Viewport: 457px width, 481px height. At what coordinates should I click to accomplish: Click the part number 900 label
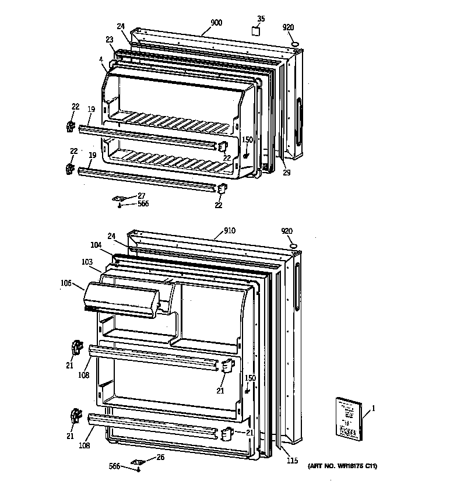coord(216,23)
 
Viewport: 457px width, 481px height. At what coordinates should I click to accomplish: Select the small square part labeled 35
coord(255,30)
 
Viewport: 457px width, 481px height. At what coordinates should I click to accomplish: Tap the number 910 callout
coord(230,230)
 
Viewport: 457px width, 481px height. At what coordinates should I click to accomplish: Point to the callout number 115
coord(293,461)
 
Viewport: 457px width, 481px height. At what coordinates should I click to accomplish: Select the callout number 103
coord(87,262)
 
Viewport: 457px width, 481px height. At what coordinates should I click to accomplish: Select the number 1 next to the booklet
coord(373,408)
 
